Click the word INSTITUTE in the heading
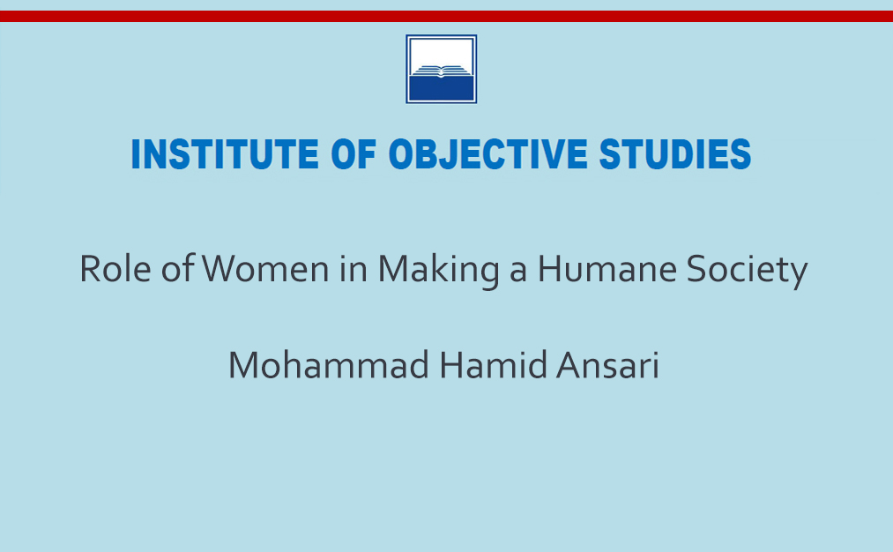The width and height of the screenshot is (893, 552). pyautogui.click(x=225, y=153)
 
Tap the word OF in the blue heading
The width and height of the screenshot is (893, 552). pyautogui.click(x=353, y=153)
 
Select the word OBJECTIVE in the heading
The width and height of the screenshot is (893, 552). pyautogui.click(x=487, y=155)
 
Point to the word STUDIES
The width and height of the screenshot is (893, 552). pyautogui.click(x=675, y=153)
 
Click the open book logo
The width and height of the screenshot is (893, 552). pyautogui.click(x=442, y=69)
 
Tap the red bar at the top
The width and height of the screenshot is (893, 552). pyautogui.click(x=446, y=16)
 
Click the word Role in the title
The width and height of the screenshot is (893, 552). pyautogui.click(x=115, y=268)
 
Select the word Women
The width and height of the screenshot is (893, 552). pyautogui.click(x=264, y=268)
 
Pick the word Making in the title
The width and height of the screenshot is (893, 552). pyautogui.click(x=438, y=271)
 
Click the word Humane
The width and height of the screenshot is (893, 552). pyautogui.click(x=607, y=268)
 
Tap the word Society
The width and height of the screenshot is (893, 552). pyautogui.click(x=747, y=271)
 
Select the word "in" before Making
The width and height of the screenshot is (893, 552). pyautogui.click(x=353, y=268)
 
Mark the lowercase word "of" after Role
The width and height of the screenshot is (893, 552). pyautogui.click(x=178, y=268)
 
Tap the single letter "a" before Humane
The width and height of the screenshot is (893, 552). pyautogui.click(x=518, y=272)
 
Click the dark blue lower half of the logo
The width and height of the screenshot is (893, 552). pyautogui.click(x=442, y=88)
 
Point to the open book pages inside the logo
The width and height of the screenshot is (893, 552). pyautogui.click(x=442, y=71)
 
